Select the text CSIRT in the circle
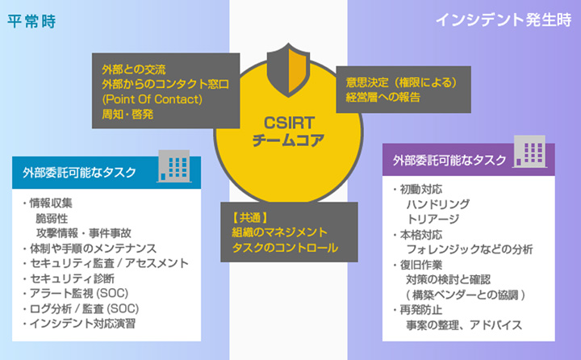coord(288,123)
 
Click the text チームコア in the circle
coord(288,140)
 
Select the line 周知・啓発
coord(127,114)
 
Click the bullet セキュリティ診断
coord(71,278)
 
